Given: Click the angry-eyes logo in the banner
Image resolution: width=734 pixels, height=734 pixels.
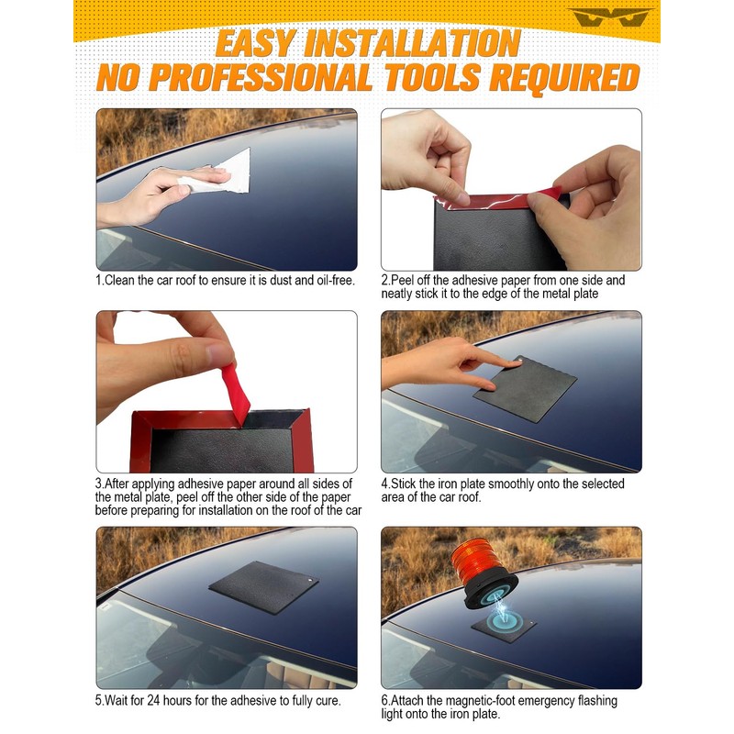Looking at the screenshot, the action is (610, 17).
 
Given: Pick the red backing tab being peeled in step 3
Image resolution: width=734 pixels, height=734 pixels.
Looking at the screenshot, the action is (236, 395).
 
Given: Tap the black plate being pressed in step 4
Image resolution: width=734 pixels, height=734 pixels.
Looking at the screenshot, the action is (525, 388).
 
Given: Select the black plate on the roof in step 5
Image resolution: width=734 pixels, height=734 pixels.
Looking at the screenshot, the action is (263, 586).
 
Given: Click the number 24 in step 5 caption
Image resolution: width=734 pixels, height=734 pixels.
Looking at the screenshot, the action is (153, 701).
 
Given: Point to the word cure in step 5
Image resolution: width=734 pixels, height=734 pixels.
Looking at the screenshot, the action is (327, 701).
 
